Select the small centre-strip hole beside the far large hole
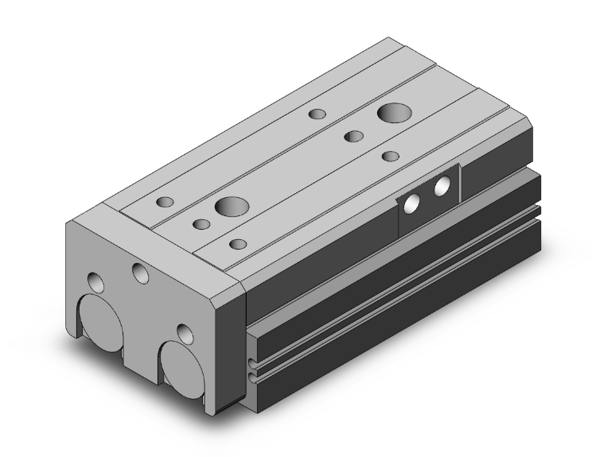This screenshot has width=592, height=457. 352,136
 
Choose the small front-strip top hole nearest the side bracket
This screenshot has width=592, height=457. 389,156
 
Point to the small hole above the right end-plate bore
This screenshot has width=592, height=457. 185,332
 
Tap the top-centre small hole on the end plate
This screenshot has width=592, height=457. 141,274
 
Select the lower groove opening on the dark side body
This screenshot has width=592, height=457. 252,374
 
